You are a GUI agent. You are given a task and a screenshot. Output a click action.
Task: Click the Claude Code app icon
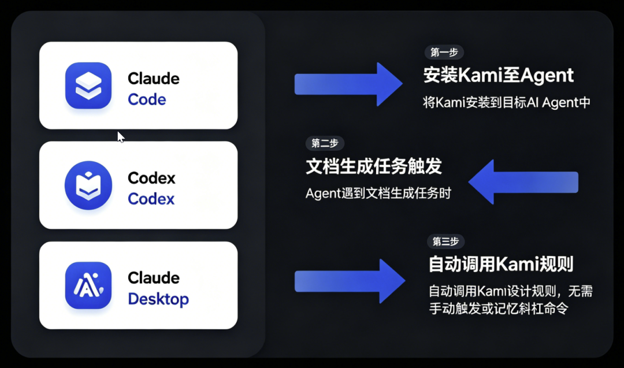(x=88, y=86)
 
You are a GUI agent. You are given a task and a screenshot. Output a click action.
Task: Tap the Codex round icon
(x=88, y=185)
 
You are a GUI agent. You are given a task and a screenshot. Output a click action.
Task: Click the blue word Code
(x=147, y=99)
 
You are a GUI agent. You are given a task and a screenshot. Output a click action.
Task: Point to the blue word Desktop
(x=158, y=299)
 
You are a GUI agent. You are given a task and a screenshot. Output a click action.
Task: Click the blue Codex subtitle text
(x=151, y=199)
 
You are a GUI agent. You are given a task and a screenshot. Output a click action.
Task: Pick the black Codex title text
(x=151, y=178)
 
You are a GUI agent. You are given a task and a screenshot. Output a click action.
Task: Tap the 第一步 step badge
(x=444, y=53)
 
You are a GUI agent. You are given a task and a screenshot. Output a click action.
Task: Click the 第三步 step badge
(x=445, y=241)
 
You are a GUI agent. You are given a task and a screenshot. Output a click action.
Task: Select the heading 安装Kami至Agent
(x=498, y=75)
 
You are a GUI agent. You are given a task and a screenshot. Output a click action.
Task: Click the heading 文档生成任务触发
(x=373, y=166)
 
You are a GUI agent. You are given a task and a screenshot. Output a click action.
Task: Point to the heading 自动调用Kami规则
(x=500, y=265)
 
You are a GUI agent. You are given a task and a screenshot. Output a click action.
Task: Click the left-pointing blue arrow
(x=522, y=182)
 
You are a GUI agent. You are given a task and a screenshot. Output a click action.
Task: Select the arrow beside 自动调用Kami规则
(x=349, y=281)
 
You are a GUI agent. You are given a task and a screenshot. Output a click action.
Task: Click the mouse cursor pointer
(x=120, y=137)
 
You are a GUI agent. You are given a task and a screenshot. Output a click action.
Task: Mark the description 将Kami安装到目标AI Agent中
(x=506, y=103)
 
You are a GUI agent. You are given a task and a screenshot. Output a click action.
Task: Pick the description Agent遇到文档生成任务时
(x=378, y=194)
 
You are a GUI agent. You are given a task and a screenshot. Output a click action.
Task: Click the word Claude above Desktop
(x=153, y=278)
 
